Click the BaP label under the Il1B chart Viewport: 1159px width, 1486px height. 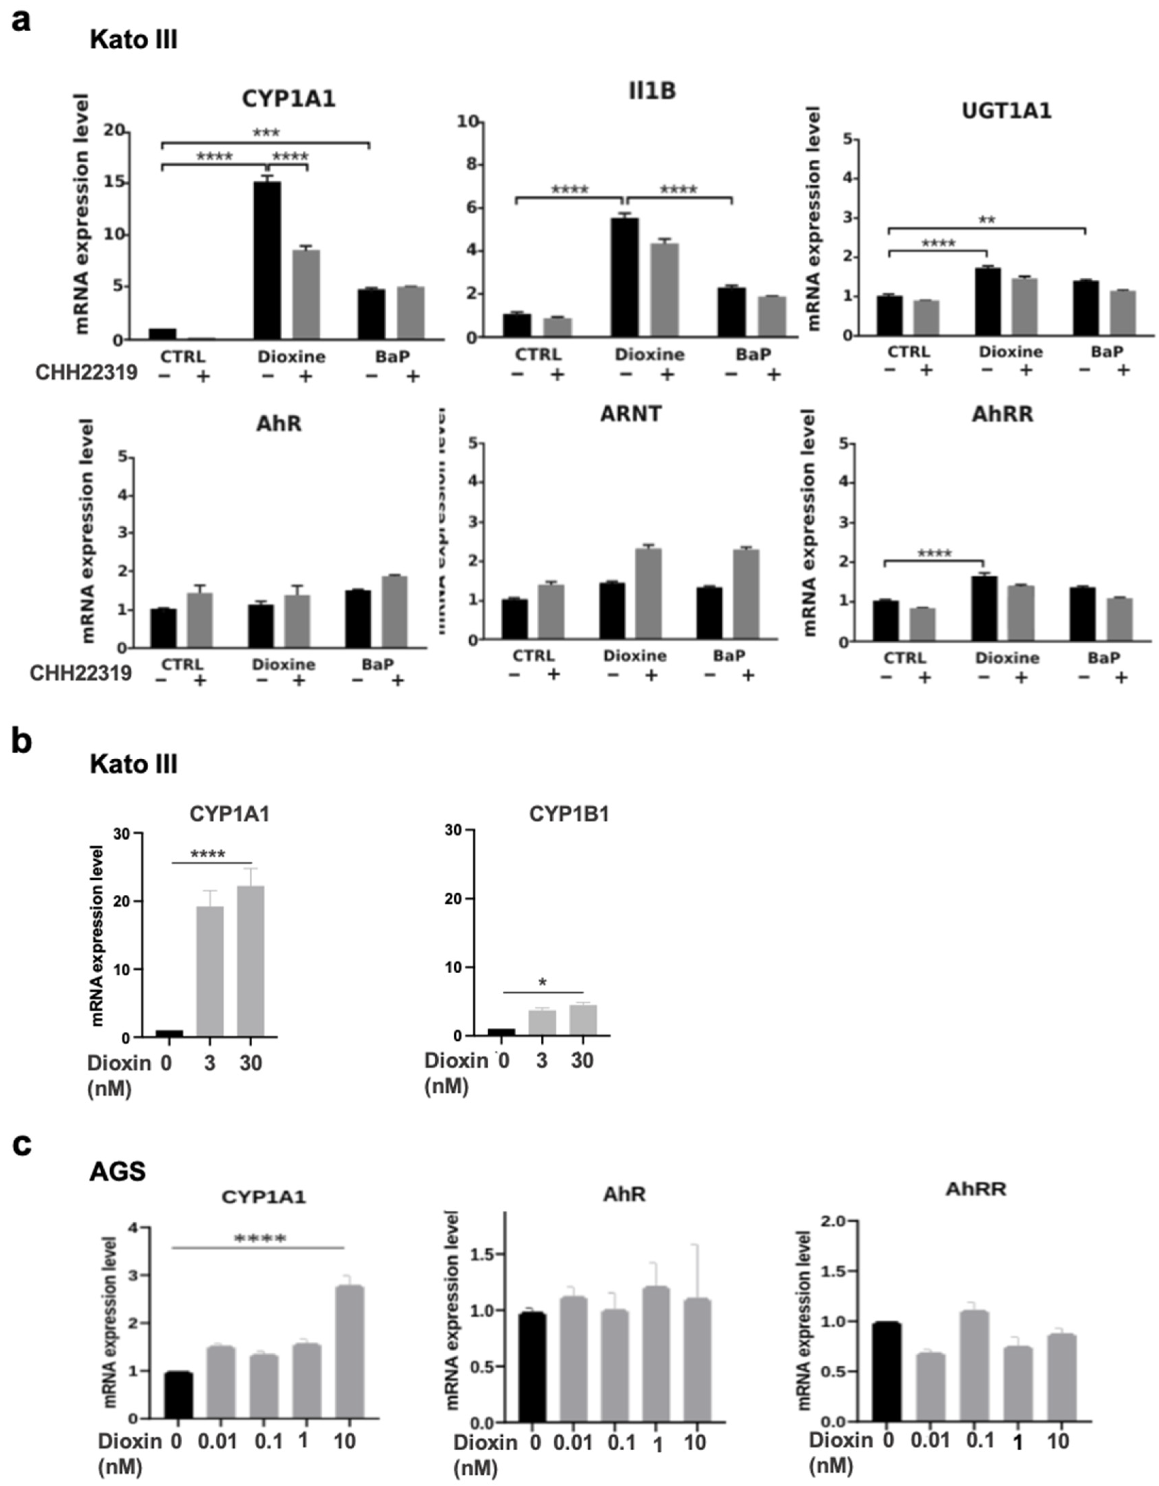click(x=753, y=354)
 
